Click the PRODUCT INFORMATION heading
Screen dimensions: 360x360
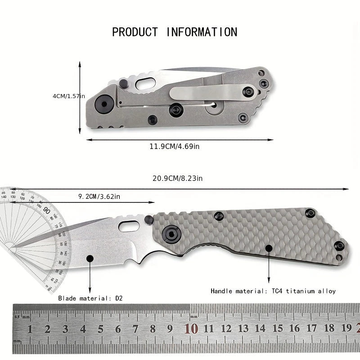coord(175,32)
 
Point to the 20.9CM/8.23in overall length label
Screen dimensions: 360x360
coord(177,179)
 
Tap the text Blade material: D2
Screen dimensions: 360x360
coord(90,297)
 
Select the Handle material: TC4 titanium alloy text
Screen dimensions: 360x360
coord(273,291)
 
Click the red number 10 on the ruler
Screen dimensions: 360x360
coord(191,329)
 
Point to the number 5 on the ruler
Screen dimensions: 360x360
coord(100,329)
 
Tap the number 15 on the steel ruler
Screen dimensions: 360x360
coord(278,329)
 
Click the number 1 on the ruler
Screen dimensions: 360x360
coord(30,329)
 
